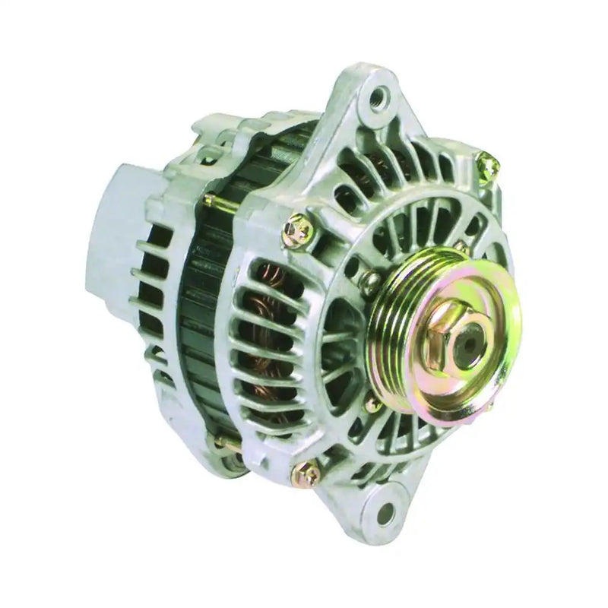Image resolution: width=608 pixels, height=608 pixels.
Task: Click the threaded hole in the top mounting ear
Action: [x=378, y=97]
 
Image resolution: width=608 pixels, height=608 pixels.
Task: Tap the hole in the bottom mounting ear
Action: [x=385, y=513]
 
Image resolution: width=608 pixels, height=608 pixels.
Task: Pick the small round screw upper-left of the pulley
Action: [x=370, y=283]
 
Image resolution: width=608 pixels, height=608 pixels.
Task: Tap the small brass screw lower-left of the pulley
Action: [x=372, y=405]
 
